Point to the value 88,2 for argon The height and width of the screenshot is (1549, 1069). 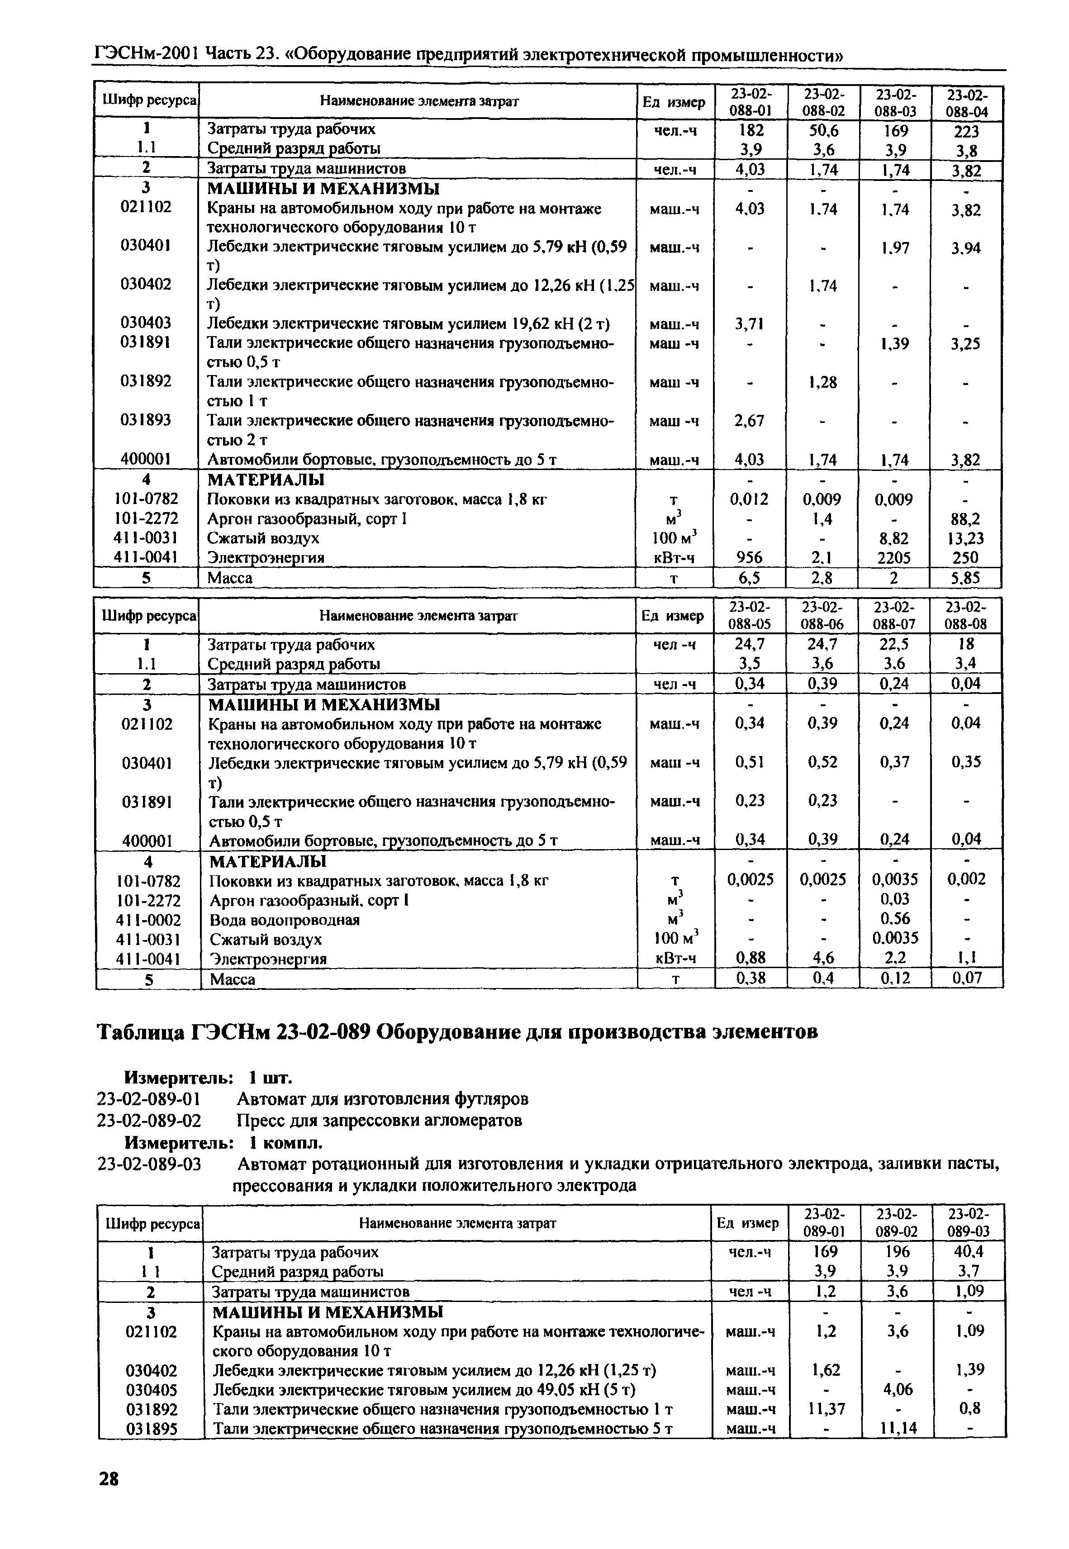(x=965, y=519)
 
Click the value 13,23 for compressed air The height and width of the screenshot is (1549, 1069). (x=965, y=538)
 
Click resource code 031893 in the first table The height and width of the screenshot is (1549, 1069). (x=145, y=420)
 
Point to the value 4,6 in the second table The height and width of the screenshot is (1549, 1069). (x=822, y=958)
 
